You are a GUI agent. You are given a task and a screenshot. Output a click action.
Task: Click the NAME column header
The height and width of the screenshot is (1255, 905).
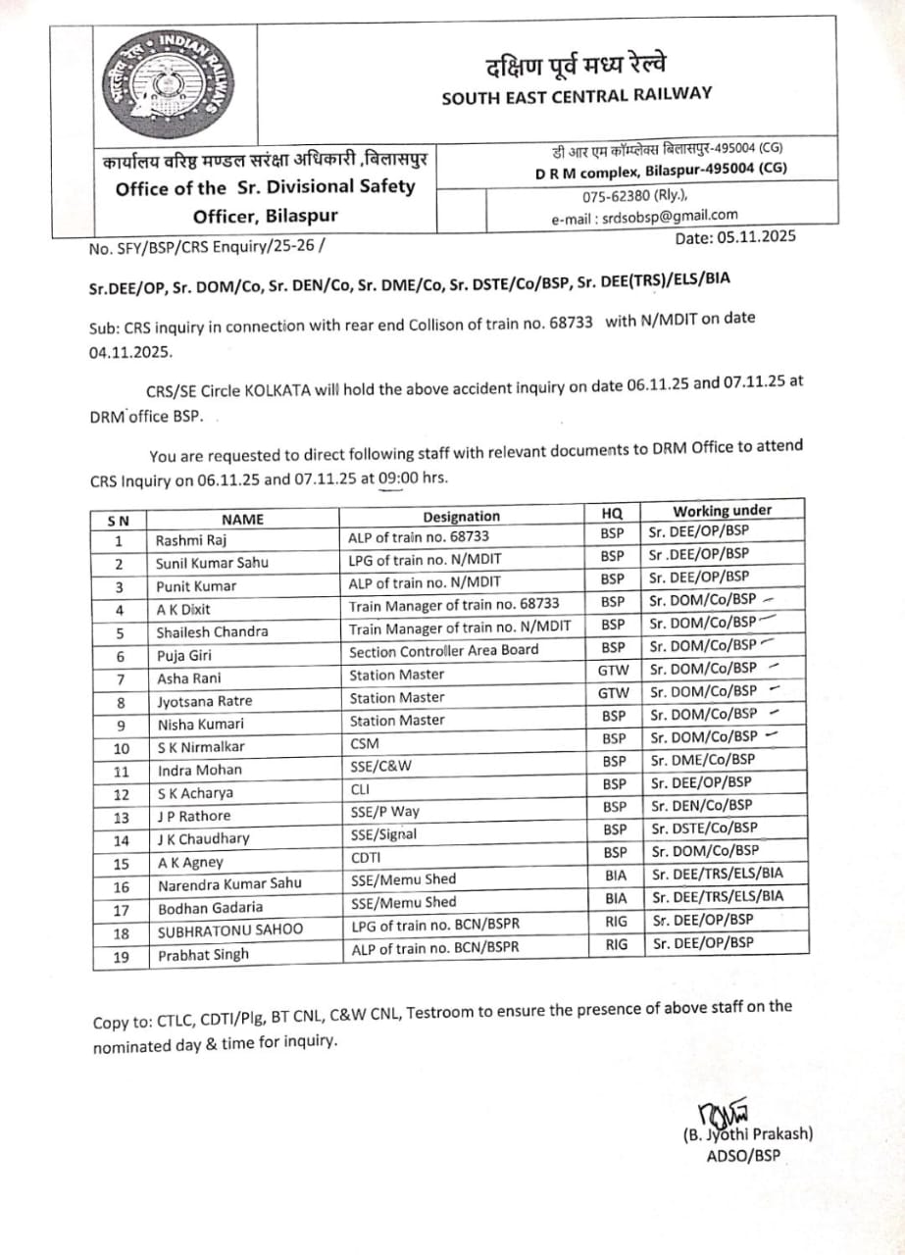click(x=242, y=520)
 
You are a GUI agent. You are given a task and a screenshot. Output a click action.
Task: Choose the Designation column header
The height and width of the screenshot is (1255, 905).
click(x=461, y=517)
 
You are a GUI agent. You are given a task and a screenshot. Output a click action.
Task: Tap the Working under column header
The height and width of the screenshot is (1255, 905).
click(x=722, y=510)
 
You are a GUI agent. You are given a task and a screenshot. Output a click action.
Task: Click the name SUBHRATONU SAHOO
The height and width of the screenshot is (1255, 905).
click(x=229, y=929)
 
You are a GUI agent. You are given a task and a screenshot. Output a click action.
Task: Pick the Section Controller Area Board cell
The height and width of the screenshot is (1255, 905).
click(x=443, y=650)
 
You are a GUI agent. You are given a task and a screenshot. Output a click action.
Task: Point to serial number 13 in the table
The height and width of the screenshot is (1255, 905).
click(x=121, y=816)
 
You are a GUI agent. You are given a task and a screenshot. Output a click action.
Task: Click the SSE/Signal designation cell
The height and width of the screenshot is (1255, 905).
click(x=382, y=834)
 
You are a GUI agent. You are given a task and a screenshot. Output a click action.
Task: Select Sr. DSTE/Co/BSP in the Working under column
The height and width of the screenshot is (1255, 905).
click(x=702, y=828)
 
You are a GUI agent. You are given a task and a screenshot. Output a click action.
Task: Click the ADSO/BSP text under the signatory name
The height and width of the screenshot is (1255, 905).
click(x=743, y=1155)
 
